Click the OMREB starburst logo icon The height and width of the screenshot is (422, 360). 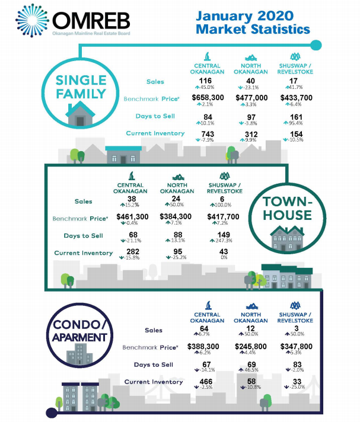pos(32,21)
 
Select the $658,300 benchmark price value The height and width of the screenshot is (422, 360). pos(208,97)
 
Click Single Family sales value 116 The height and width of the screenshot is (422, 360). pos(205,81)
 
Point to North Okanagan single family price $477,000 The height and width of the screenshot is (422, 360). pos(251,98)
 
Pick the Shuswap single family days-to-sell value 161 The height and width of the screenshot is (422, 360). pos(296,117)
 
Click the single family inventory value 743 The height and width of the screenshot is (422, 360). pos(208,134)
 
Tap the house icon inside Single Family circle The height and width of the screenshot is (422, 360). pos(80,114)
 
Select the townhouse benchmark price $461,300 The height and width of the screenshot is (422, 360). pos(132,217)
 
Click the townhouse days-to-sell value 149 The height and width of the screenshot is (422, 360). pos(224,235)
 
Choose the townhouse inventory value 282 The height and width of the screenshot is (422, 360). pos(133,252)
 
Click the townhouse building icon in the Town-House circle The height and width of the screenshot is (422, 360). pos(287,238)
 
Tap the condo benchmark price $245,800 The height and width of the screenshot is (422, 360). pos(251,346)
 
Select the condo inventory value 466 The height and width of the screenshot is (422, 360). pos(206,382)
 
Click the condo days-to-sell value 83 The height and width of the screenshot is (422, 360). pos(297,365)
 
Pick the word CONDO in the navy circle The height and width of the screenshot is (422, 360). pos(79,325)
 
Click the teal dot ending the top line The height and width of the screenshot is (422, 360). pos(316,45)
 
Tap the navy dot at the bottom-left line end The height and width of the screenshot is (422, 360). pos(52,413)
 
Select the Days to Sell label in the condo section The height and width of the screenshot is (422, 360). pos(154,365)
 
